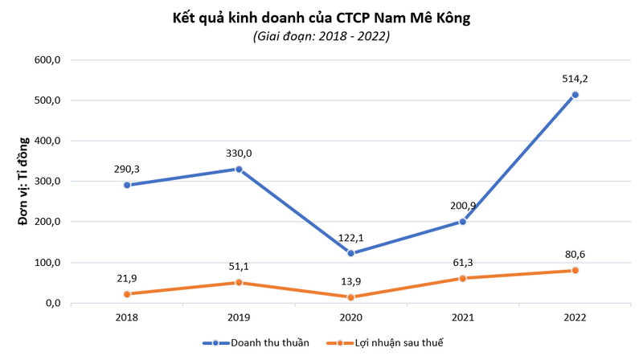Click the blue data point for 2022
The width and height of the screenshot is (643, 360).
pyautogui.click(x=575, y=95)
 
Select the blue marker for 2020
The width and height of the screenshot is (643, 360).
pyautogui.click(x=350, y=253)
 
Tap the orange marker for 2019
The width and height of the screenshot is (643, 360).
pyautogui.click(x=239, y=282)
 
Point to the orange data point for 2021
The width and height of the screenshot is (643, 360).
pyautogui.click(x=463, y=278)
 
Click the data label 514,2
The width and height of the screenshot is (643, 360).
pyautogui.click(x=575, y=79)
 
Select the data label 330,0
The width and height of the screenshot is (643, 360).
pyautogui.click(x=238, y=153)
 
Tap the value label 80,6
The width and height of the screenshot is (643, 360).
pyautogui.click(x=575, y=254)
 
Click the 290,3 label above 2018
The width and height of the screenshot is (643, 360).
pyautogui.click(x=126, y=169)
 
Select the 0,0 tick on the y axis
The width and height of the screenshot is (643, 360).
pyautogui.click(x=53, y=303)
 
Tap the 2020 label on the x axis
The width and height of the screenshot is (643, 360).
pyautogui.click(x=350, y=318)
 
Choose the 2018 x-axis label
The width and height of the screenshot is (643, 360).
pyautogui.click(x=126, y=318)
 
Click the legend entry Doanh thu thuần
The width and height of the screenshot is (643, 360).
pyautogui.click(x=269, y=343)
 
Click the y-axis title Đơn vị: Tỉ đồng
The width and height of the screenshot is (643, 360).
pyautogui.click(x=23, y=182)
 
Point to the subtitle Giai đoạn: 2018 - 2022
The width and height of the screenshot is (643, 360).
pyautogui.click(x=321, y=36)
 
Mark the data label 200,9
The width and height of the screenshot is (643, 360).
pyautogui.click(x=463, y=206)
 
